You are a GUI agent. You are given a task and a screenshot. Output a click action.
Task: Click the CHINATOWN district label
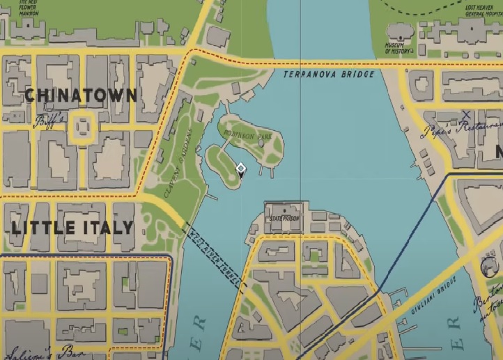click(81, 95)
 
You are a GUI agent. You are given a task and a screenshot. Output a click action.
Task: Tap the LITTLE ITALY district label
click(72, 228)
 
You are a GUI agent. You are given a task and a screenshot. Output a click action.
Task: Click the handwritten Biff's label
click(50, 120)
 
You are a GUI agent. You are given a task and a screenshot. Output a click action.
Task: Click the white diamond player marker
click(240, 169)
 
